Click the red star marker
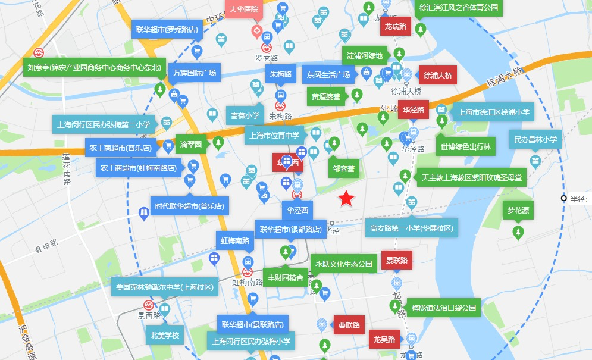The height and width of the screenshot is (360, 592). click(347, 199)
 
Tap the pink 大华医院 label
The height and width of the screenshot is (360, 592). click(244, 10)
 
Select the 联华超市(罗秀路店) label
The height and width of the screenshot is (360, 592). click(167, 29)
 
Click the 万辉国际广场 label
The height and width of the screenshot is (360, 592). click(195, 74)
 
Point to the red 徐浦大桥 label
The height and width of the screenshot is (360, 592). click(438, 76)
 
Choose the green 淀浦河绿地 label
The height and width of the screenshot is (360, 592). click(365, 56)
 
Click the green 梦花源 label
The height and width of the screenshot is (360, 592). click(518, 211)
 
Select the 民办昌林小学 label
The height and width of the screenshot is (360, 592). click(535, 140)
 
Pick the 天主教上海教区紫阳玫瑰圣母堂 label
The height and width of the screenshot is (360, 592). click(471, 177)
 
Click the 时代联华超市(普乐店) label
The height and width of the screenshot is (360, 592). click(189, 206)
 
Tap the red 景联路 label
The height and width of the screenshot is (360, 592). click(397, 260)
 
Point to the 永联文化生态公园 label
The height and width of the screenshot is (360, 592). click(344, 264)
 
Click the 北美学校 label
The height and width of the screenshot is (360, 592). click(164, 335)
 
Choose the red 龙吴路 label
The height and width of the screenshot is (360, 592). click(384, 339)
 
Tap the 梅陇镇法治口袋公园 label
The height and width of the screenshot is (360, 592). click(444, 308)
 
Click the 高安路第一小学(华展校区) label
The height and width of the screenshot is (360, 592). click(411, 228)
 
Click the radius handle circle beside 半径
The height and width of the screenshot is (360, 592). click(564, 198)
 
